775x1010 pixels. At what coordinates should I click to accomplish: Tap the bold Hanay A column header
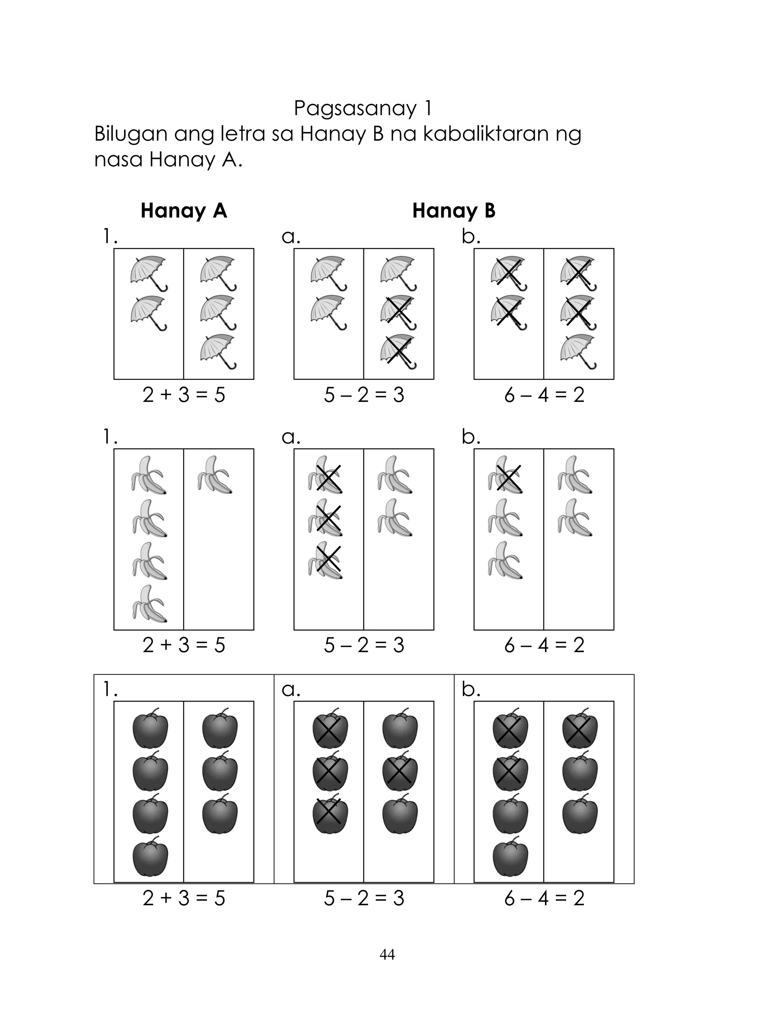point(184,211)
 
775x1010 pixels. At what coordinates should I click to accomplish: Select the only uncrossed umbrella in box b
point(578,352)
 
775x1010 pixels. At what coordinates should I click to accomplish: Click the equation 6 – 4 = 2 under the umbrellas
point(544,395)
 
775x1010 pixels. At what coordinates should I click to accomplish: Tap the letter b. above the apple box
point(470,689)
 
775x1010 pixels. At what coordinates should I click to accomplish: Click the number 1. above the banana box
point(110,437)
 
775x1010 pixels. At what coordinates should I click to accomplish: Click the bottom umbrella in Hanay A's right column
point(218,352)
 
